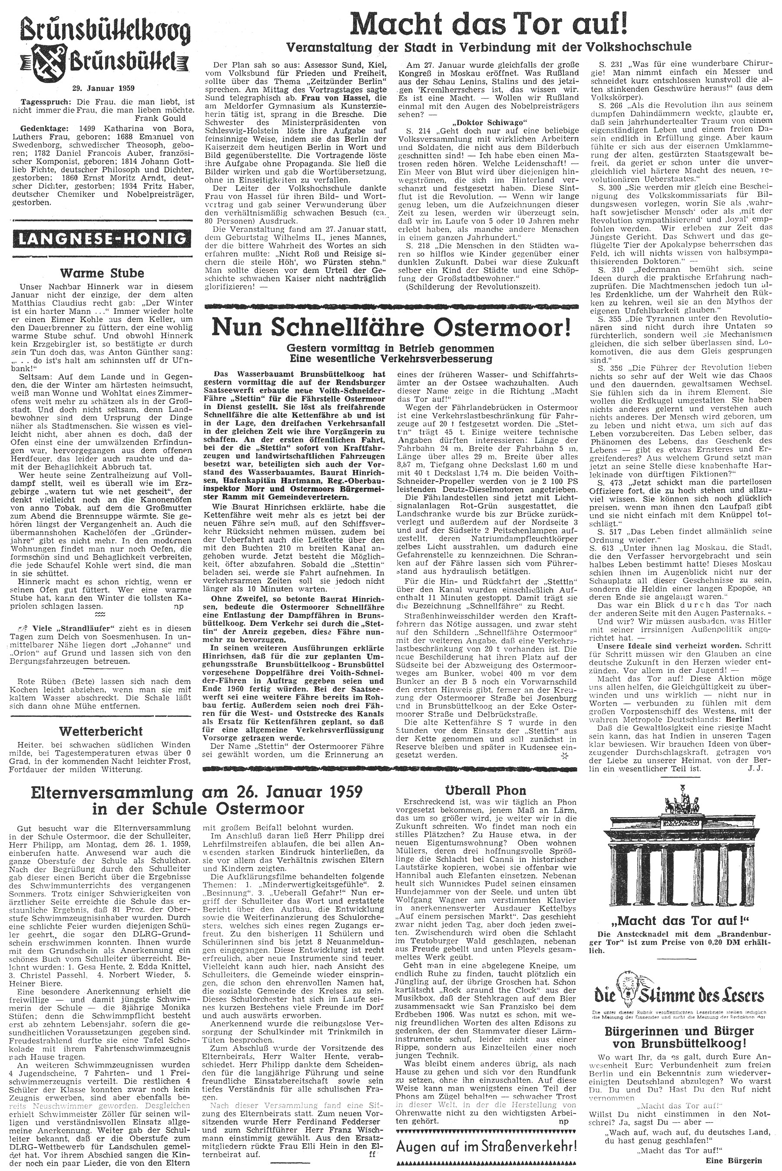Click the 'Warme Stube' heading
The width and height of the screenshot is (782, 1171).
click(102, 273)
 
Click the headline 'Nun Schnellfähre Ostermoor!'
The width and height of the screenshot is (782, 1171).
click(391, 326)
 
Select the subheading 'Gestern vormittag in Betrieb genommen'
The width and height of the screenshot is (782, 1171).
click(391, 348)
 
